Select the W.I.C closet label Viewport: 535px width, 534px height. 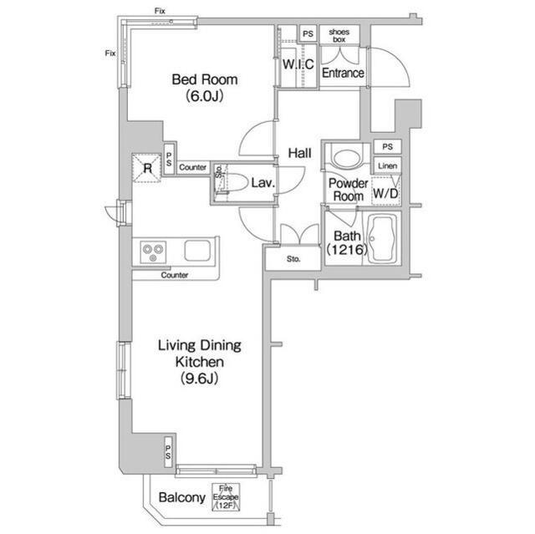pyautogui.click(x=298, y=64)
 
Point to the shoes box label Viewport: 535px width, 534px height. pyautogui.click(x=339, y=35)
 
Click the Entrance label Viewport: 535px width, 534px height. pyautogui.click(x=343, y=73)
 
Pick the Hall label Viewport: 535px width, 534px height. pyautogui.click(x=299, y=153)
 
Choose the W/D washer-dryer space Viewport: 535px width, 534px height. pyautogui.click(x=386, y=191)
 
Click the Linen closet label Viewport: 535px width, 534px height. pyautogui.click(x=388, y=166)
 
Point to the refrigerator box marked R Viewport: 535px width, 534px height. pyautogui.click(x=147, y=168)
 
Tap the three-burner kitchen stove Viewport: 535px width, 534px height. pyautogui.click(x=153, y=252)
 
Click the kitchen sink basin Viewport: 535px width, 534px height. pyautogui.click(x=197, y=251)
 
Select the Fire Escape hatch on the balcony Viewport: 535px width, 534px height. pyautogui.click(x=226, y=497)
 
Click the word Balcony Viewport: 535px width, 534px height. pyautogui.click(x=182, y=497)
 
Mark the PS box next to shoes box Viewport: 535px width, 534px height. pyautogui.click(x=308, y=33)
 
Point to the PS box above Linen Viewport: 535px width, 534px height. pyautogui.click(x=388, y=146)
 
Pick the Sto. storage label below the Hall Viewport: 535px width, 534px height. pyautogui.click(x=293, y=259)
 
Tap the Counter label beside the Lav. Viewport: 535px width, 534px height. pyautogui.click(x=193, y=167)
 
